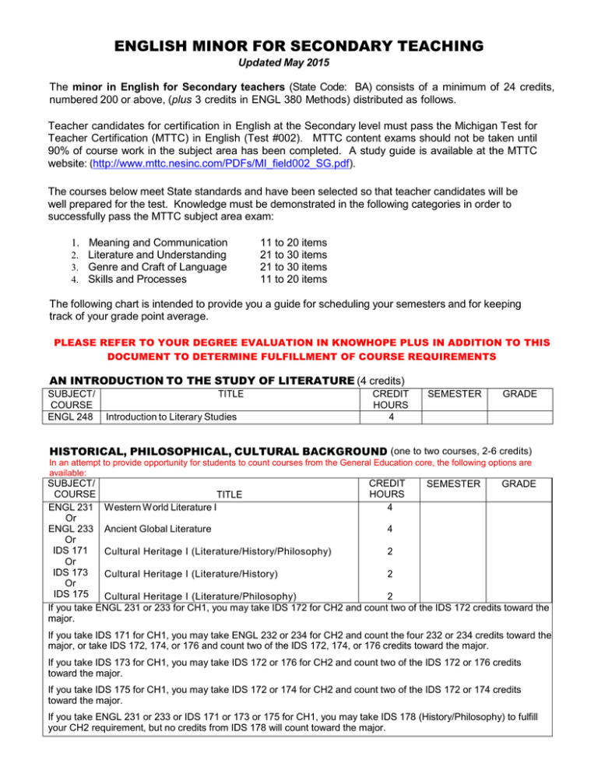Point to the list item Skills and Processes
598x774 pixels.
pos(137,280)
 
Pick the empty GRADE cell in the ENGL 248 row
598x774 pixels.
pos(519,417)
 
